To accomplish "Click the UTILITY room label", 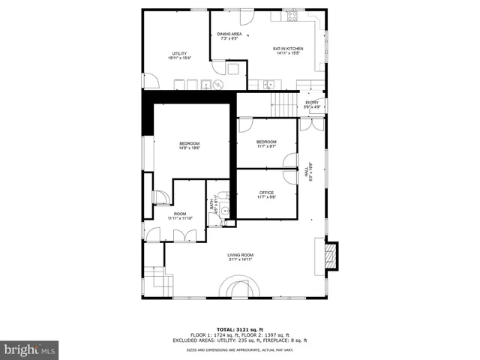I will click(179, 53).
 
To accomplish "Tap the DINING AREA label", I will click(229, 34).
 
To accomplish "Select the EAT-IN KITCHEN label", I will click(288, 49).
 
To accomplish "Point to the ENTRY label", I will click(312, 103).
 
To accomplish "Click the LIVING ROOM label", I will click(241, 256).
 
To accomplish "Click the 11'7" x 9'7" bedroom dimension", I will click(266, 147).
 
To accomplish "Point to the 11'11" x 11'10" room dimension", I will click(180, 218).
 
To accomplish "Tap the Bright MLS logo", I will click(29, 349).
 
